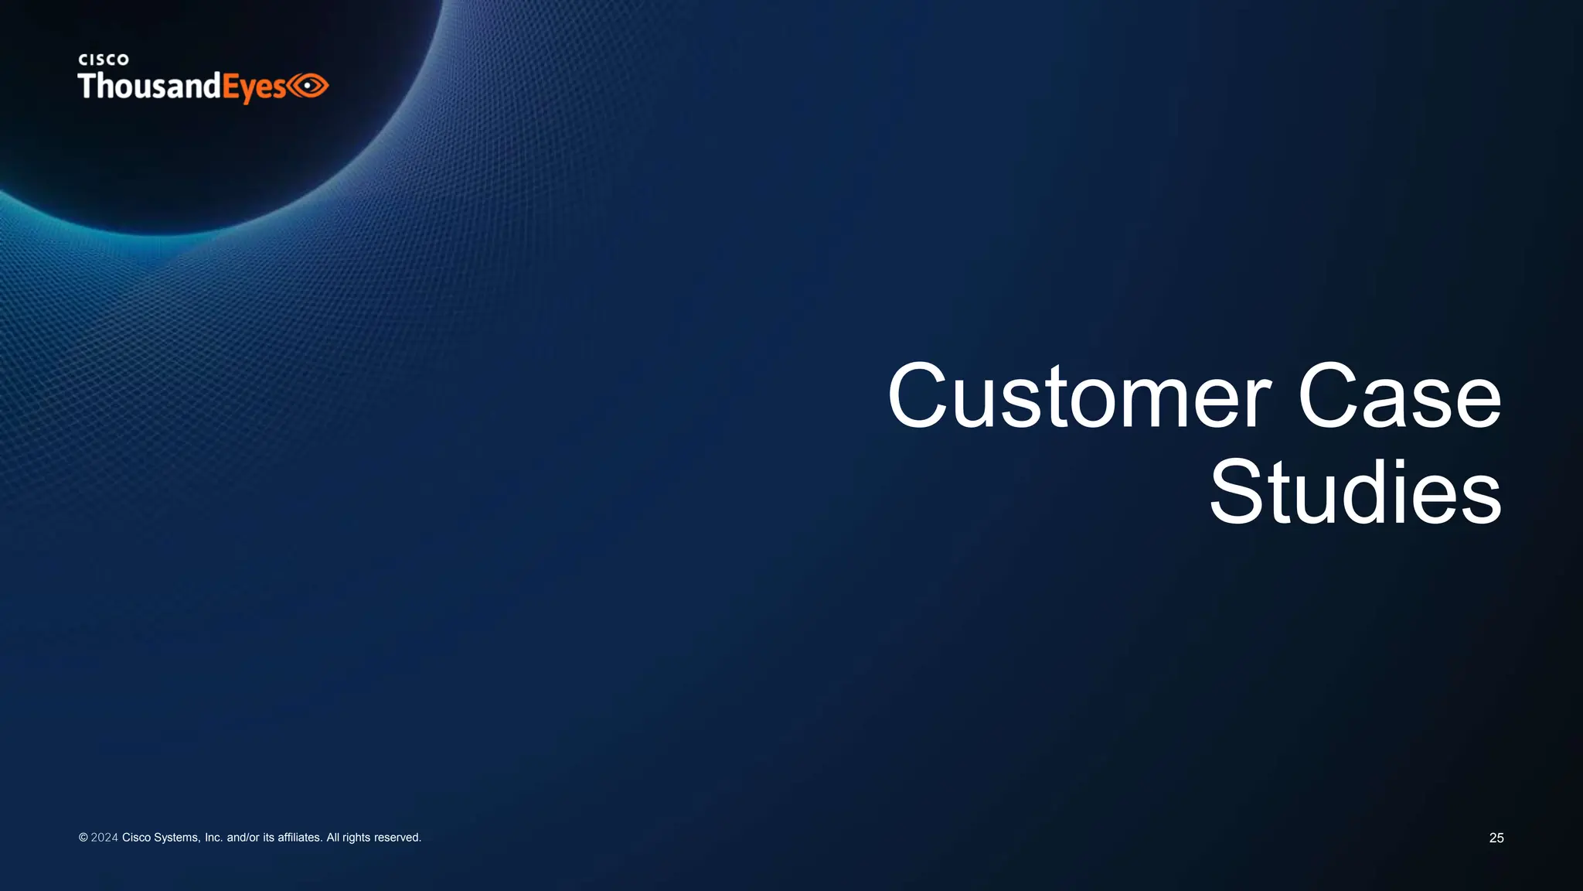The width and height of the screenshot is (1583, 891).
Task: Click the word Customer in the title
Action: point(1079,396)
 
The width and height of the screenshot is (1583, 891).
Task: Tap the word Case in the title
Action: point(1400,396)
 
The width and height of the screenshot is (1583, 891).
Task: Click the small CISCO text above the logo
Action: point(104,60)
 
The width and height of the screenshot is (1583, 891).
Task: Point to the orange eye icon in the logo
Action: point(309,85)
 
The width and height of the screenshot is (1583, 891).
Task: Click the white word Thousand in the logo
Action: point(149,86)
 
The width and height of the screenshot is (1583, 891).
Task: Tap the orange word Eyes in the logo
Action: point(254,87)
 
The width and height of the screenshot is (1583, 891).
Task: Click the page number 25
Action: point(1496,838)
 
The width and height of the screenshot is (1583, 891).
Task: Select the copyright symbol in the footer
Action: point(83,838)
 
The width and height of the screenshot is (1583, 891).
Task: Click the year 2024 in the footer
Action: point(104,838)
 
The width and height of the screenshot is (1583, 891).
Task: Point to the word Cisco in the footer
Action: point(137,838)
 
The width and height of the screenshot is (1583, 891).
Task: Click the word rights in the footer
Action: point(356,838)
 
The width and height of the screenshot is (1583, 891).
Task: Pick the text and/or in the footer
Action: point(243,838)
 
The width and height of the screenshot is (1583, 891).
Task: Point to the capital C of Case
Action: point(1327,396)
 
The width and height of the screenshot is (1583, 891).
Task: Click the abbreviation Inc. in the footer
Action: point(213,838)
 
